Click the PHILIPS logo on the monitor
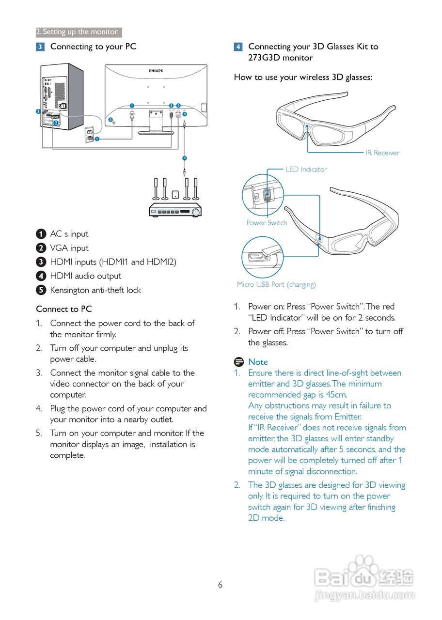click(156, 71)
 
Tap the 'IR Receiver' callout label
click(382, 153)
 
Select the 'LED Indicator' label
click(306, 170)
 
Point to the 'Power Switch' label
click(267, 223)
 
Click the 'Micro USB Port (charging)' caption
click(276, 284)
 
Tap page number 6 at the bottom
click(220, 585)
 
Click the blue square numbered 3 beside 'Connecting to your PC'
click(40, 47)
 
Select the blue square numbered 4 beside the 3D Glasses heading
click(238, 47)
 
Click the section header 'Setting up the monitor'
click(79, 32)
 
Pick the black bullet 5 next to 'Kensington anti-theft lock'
click(41, 290)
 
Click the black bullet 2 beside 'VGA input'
click(41, 248)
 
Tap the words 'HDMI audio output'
click(86, 276)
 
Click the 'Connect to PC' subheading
click(64, 309)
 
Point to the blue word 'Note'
click(258, 362)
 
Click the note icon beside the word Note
click(238, 362)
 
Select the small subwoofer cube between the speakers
click(175, 194)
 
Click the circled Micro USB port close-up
click(262, 257)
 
